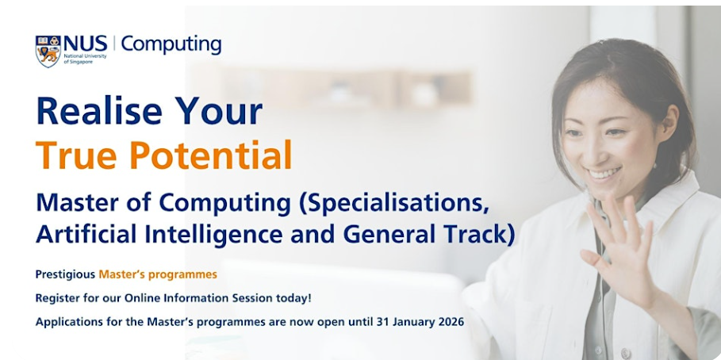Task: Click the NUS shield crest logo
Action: (48, 51)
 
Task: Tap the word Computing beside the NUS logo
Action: (171, 45)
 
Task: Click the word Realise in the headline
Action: (99, 111)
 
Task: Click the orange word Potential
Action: (211, 155)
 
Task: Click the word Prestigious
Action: (65, 275)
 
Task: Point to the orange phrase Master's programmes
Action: (158, 275)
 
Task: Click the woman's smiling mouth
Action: (603, 174)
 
